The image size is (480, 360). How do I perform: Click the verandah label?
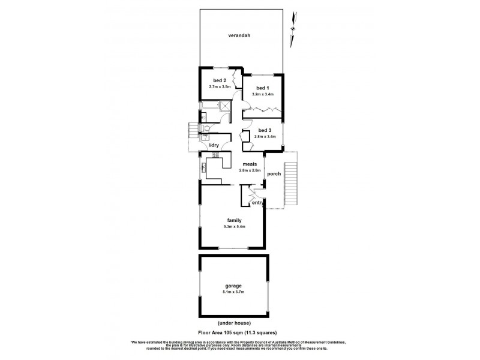239,35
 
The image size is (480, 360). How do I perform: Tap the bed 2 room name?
220,81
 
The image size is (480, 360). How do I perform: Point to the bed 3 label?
265,131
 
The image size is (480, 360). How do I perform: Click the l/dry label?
213,145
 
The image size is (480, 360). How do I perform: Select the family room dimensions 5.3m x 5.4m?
234,227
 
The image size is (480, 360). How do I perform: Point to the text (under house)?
233,323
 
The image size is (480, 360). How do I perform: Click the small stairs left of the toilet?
193,130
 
